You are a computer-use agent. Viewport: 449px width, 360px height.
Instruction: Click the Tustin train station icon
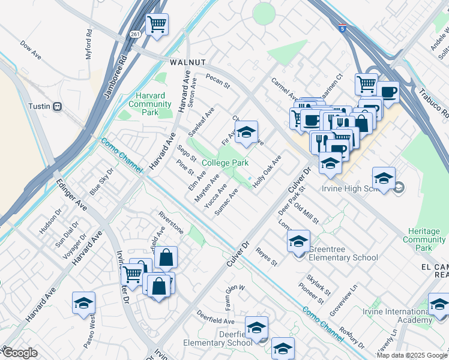click(58, 106)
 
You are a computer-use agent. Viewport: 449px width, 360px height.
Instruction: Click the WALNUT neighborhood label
click(188, 62)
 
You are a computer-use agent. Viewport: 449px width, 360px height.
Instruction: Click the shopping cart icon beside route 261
click(157, 25)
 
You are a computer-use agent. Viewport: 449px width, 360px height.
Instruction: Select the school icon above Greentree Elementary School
click(298, 242)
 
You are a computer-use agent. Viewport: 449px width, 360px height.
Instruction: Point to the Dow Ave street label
click(30, 49)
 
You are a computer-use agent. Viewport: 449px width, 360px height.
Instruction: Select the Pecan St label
click(218, 81)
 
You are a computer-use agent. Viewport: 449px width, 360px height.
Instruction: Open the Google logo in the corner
click(20, 353)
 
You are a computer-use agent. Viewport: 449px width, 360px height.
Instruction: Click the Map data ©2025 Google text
click(411, 355)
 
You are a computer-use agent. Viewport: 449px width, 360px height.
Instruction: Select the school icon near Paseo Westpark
click(84, 304)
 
